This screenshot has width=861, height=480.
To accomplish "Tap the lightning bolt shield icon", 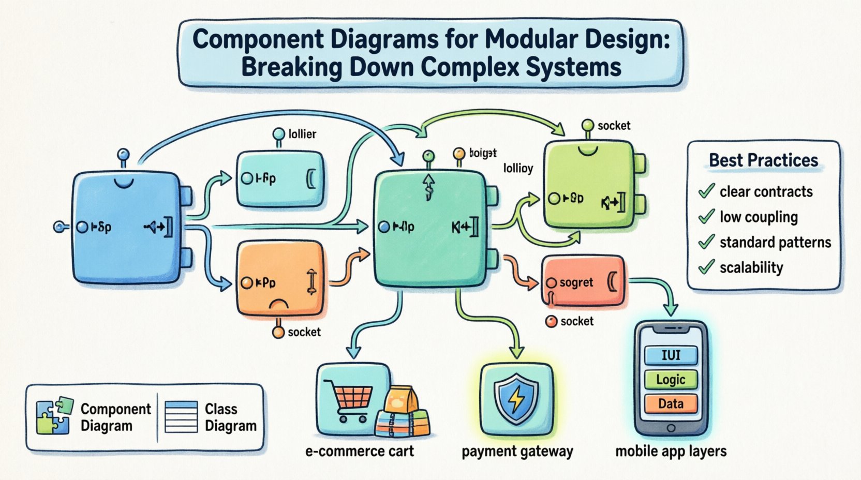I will [x=516, y=399].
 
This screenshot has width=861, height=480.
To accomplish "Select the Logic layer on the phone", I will [x=671, y=380].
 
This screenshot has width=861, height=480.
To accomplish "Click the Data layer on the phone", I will [x=671, y=403].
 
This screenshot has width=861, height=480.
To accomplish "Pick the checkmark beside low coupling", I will [x=706, y=217].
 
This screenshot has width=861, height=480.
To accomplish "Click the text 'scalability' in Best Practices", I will [x=751, y=267].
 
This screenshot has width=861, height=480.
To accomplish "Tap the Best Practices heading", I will [x=763, y=160].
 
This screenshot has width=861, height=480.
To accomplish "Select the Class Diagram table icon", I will [x=181, y=417].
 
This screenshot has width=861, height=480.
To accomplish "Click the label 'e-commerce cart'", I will [x=360, y=451].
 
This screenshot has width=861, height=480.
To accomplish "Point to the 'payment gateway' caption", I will [x=517, y=452].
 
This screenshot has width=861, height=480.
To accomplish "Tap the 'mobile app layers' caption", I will [x=671, y=451].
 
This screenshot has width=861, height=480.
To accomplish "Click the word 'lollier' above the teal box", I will [x=302, y=134].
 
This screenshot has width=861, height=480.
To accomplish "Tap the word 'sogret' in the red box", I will [x=576, y=283].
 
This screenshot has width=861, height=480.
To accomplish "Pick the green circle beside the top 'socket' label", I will [x=588, y=125].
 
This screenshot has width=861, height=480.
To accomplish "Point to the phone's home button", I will [x=671, y=428].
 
